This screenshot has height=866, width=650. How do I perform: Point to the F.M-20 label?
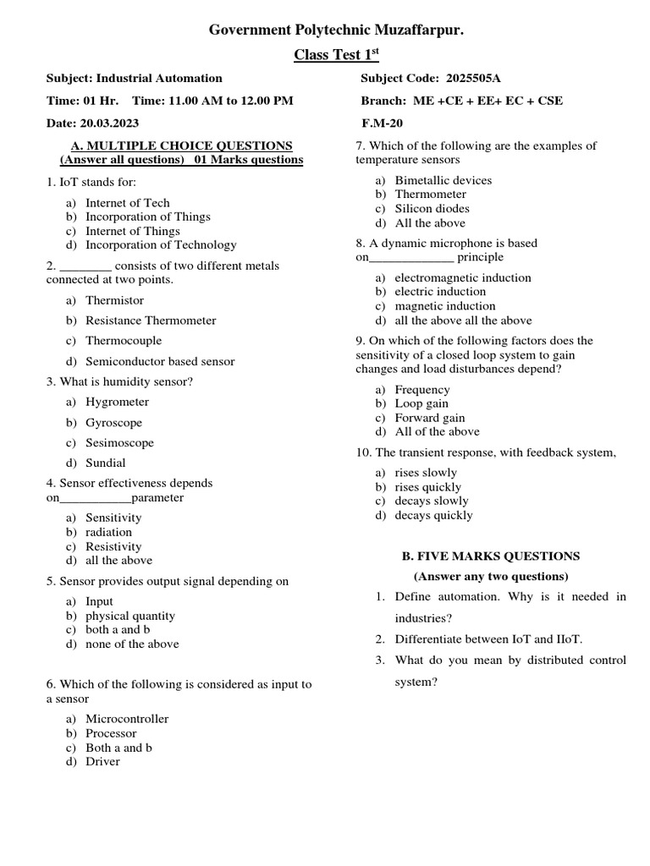coord(382,123)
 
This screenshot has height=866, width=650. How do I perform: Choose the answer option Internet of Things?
coord(132,231)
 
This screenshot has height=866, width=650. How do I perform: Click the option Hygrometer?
coord(117,402)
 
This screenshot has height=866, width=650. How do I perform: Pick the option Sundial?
coord(105,463)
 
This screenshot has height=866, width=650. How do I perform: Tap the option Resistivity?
coord(113,546)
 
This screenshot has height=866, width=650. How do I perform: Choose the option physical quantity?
coord(130,616)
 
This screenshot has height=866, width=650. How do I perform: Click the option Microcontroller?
coord(127,719)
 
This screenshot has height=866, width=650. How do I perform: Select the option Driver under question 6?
coord(102,761)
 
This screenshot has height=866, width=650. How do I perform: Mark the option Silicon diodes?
coord(432,208)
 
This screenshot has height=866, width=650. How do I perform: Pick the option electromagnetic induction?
coord(463,277)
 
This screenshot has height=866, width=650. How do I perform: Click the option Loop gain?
coord(421,403)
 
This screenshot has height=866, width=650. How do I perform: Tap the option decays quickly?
coord(433,515)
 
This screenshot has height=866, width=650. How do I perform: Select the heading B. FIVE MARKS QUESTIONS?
coord(489,556)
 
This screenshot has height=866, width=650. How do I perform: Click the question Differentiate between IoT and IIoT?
coord(489,639)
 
